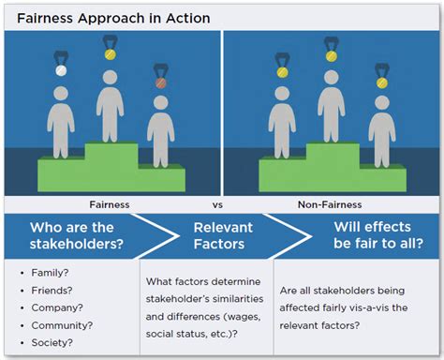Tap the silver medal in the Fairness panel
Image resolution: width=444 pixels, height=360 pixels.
(x=62, y=70)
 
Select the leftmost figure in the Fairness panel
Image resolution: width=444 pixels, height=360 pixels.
(x=62, y=117)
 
